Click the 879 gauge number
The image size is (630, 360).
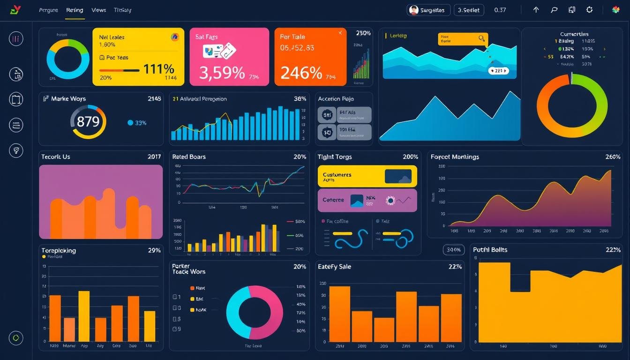88,122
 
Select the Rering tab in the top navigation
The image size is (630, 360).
75,10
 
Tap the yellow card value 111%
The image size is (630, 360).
158,69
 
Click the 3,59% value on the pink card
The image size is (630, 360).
222,73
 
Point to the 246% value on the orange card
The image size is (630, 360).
301,73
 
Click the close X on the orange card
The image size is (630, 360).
340,33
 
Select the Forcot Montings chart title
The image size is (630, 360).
455,157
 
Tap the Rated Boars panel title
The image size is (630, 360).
189,157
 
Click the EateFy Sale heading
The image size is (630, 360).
334,267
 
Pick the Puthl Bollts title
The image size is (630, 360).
490,250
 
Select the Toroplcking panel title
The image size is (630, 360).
59,250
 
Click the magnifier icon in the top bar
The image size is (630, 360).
554,10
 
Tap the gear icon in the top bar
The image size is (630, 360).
589,10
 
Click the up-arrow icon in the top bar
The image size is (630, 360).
536,10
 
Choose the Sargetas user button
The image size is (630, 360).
428,10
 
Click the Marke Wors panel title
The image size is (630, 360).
68,99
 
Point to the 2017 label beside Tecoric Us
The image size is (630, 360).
154,157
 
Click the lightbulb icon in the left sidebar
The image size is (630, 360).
16,150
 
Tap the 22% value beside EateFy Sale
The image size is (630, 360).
455,267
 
